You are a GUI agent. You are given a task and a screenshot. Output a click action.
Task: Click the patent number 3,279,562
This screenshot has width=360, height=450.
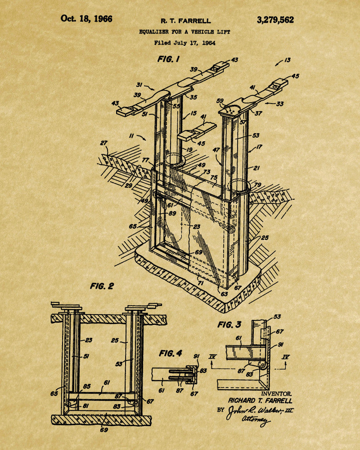pos(275,20)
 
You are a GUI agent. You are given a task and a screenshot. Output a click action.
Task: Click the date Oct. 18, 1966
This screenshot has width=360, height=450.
pos(86,18)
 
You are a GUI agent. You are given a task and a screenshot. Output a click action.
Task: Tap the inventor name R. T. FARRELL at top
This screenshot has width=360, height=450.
pos(185,21)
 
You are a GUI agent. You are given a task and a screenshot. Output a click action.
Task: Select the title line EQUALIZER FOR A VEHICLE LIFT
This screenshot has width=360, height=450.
pos(184,32)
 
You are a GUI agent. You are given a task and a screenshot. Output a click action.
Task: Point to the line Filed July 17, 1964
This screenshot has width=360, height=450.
pos(184,43)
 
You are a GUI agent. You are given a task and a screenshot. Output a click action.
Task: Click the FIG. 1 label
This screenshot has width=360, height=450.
pos(168,59)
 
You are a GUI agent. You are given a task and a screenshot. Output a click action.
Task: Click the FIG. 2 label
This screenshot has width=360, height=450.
pos(102,286)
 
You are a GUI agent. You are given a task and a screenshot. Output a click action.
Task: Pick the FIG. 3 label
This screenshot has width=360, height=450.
pos(229,324)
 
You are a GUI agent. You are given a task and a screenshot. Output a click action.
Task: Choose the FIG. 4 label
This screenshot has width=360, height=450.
pos(171,353)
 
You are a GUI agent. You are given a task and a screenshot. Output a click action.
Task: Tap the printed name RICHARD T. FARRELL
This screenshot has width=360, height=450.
pos(260,400)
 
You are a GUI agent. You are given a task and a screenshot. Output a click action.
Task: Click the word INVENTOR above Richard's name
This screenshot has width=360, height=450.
pos(276,394)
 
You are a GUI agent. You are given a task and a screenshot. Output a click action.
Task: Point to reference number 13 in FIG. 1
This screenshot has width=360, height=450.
pos(288,60)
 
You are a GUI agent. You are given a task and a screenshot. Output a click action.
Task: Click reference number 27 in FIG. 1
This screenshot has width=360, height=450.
pos(103,143)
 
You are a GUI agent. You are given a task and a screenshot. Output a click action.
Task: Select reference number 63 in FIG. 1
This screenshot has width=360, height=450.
pos(224,293)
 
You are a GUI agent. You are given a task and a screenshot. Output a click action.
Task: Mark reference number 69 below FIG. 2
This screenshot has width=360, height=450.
pos(104,430)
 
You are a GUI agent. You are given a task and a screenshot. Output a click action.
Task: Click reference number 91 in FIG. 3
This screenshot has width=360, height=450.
pos(280,345)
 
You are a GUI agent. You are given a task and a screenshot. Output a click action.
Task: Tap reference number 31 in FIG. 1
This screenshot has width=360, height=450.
pos(139,85)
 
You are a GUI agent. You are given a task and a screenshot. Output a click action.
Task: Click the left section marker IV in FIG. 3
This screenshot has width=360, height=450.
pos(212,357)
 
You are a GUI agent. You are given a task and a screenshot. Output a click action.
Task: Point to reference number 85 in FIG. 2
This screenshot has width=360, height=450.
pos(87,386)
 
